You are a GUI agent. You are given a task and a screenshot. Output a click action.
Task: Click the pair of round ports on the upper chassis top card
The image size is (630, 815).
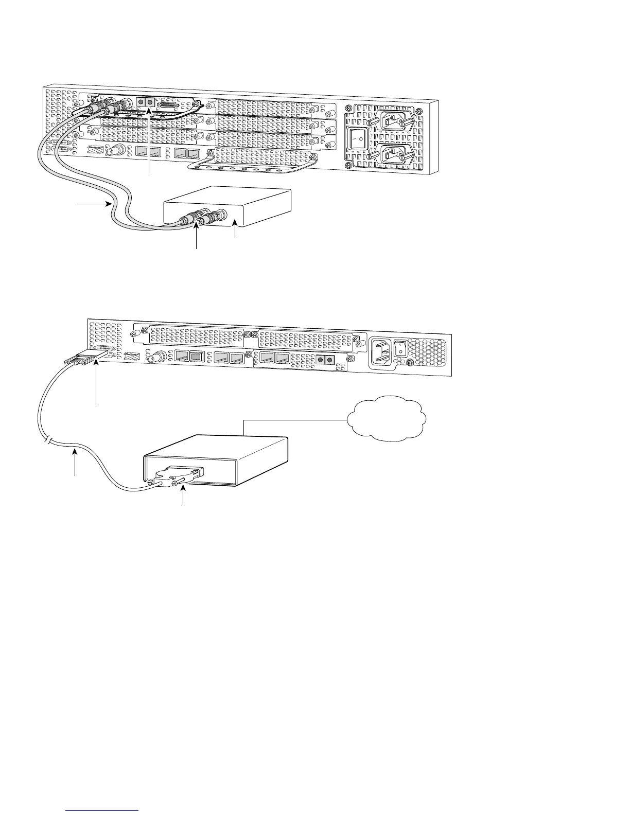[146, 102]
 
